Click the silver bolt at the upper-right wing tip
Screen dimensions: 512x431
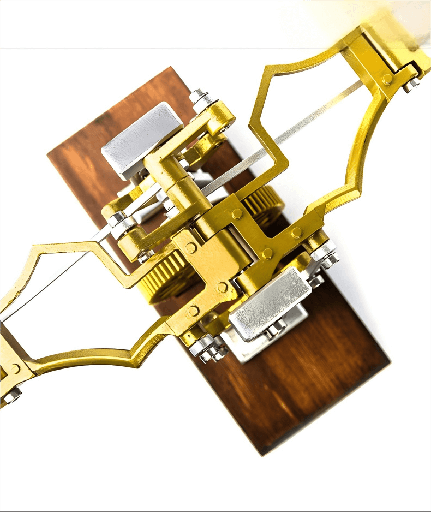click(412, 83)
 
